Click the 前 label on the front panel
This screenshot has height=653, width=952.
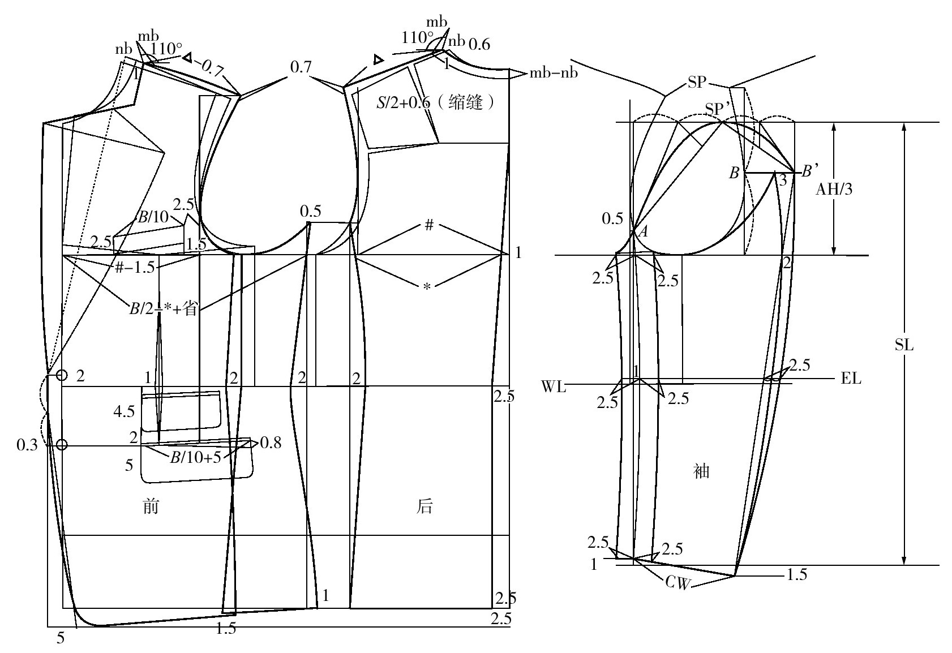151,506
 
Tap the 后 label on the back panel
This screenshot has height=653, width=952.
424,506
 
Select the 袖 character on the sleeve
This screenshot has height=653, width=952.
701,471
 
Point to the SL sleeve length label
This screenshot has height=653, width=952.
904,345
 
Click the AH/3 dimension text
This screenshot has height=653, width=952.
834,189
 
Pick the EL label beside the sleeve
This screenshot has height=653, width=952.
851,378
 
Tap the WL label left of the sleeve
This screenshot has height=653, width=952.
554,386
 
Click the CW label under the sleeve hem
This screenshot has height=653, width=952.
678,582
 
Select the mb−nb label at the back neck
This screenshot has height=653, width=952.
554,73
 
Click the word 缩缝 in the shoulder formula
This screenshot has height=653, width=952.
465,102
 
